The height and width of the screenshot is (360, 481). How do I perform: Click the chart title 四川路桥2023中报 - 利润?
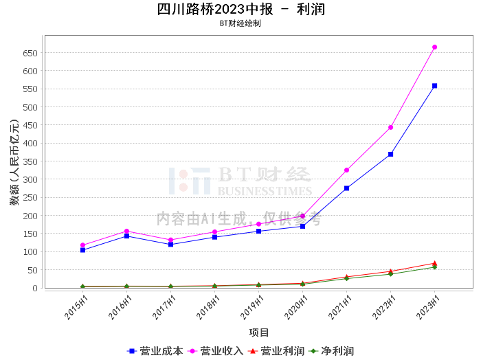pyautogui.click(x=240, y=9)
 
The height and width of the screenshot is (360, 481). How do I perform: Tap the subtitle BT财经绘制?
pyautogui.click(x=240, y=23)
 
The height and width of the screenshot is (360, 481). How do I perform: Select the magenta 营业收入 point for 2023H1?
pyautogui.click(x=435, y=47)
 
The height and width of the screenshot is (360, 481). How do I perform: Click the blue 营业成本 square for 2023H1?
pyautogui.click(x=435, y=86)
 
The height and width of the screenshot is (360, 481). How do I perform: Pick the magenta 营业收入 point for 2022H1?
pyautogui.click(x=391, y=127)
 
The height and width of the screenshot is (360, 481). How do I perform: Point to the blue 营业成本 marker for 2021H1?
pyautogui.click(x=347, y=188)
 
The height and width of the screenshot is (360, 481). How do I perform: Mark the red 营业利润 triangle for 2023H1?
pyautogui.click(x=435, y=263)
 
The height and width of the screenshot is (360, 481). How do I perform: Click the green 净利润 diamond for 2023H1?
pyautogui.click(x=435, y=267)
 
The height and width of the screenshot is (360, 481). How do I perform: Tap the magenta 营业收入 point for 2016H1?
pyautogui.click(x=126, y=231)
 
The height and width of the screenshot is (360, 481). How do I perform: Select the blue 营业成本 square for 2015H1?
pyautogui.click(x=82, y=250)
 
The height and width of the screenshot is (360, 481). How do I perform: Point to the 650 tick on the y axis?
pyautogui.click(x=29, y=53)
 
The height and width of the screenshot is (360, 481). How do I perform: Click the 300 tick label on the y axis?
pyautogui.click(x=29, y=179)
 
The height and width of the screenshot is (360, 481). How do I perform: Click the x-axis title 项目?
pyautogui.click(x=259, y=333)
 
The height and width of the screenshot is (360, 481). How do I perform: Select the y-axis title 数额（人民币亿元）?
pyautogui.click(x=14, y=162)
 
